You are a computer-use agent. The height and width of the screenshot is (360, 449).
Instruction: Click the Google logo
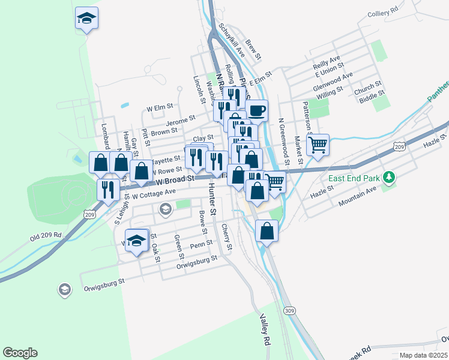[20, 353]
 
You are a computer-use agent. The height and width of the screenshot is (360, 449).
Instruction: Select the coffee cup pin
[256, 110]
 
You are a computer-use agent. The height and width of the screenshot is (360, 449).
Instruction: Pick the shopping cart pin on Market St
[318, 144]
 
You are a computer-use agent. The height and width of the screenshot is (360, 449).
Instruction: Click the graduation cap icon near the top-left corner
[87, 19]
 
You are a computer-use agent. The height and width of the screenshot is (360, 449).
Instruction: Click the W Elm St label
[160, 108]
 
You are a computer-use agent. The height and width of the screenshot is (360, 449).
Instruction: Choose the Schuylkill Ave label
[232, 40]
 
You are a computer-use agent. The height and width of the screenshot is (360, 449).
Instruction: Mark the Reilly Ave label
[327, 62]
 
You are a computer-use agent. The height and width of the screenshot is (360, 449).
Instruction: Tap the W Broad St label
[175, 179]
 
